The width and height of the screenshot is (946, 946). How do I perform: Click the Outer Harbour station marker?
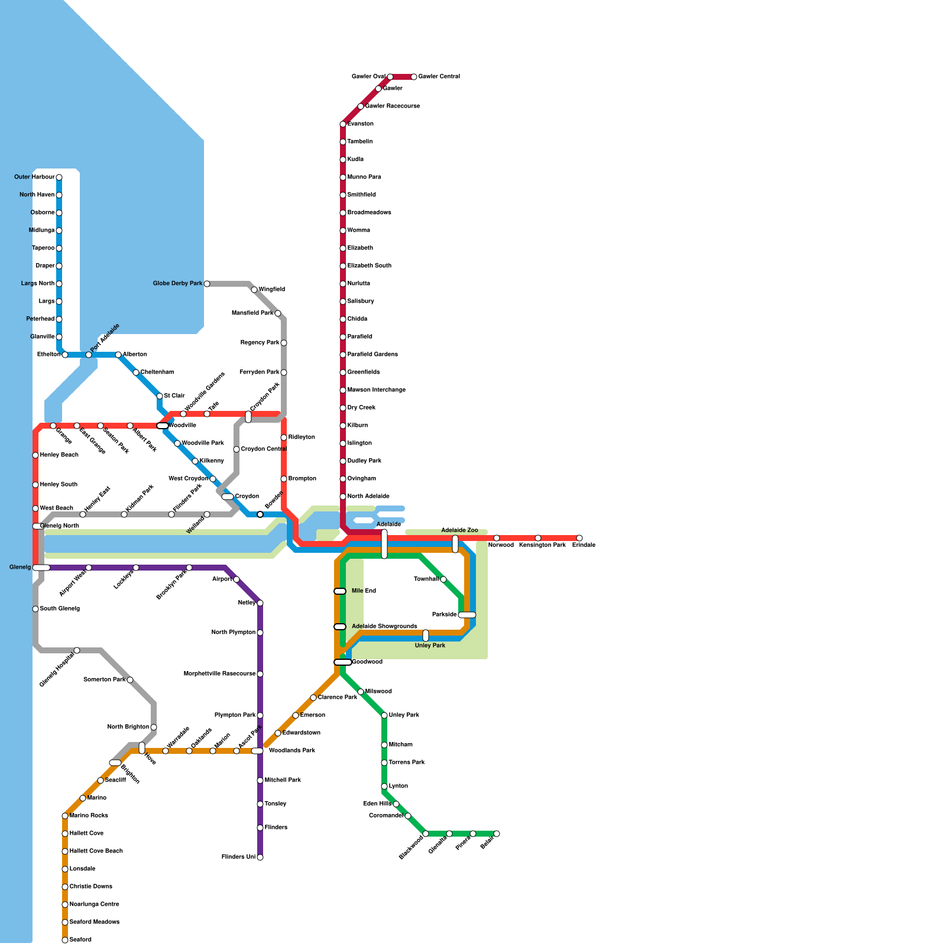point(59,177)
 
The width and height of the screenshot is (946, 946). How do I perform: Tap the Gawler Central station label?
point(439,77)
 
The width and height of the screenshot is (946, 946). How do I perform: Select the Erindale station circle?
point(579,538)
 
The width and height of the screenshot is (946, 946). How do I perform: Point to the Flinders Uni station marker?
point(260,857)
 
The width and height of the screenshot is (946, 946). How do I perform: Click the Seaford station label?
point(80,940)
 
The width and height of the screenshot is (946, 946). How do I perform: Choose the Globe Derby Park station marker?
point(207,284)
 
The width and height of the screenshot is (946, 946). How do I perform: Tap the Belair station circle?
point(497,834)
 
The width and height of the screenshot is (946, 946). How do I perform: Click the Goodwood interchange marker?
point(342,662)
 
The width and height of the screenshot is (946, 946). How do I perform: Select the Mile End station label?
point(364,591)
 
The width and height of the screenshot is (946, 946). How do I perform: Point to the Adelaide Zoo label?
point(459,530)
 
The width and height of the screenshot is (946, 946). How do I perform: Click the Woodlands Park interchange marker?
point(257,751)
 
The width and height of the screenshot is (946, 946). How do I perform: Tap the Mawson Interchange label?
point(376,390)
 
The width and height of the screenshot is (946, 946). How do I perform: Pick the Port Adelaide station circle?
point(89,355)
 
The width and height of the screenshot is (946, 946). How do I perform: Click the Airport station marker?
point(237,579)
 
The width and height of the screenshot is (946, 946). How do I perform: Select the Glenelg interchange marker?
point(41,568)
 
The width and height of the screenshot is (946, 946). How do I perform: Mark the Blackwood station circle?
point(426,834)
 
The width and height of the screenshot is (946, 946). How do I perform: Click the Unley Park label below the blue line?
point(430,646)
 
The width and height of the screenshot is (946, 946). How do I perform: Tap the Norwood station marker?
point(497,538)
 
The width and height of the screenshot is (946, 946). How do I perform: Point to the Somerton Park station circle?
point(130,680)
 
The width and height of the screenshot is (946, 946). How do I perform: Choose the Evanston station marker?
point(343,124)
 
